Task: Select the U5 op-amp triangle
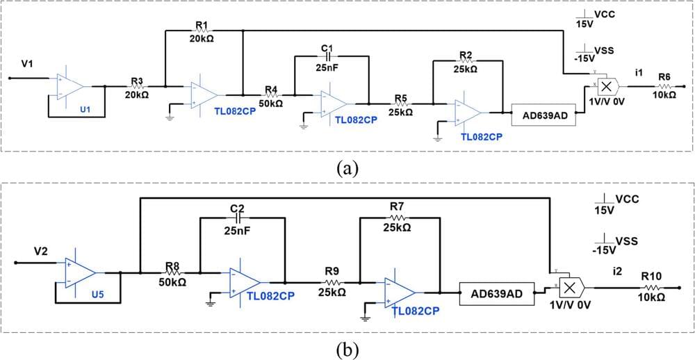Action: tap(81, 273)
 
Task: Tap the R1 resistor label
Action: tap(202, 26)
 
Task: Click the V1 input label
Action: tap(27, 64)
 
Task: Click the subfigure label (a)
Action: tap(346, 167)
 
